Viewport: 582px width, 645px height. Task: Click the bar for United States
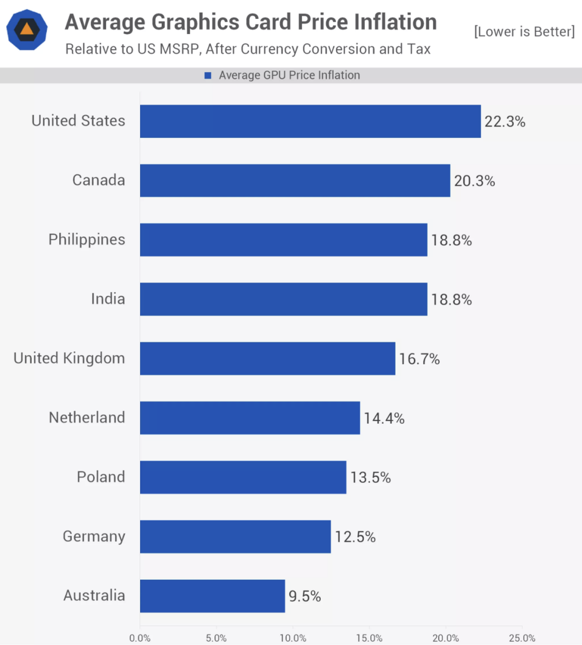(x=310, y=121)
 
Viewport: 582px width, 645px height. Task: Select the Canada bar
(x=295, y=181)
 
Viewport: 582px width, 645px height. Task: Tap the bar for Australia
(x=212, y=596)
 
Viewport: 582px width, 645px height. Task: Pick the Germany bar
(x=235, y=537)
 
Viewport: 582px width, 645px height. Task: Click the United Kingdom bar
(x=267, y=358)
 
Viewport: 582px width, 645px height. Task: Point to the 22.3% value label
(x=504, y=122)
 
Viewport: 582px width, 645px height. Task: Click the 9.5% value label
(x=304, y=597)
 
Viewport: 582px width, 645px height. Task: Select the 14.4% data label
(x=384, y=418)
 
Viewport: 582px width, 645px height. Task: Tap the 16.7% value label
(x=419, y=359)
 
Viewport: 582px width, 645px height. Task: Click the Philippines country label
(x=87, y=239)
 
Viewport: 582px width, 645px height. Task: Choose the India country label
(x=108, y=299)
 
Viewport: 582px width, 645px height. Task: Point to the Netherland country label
(x=87, y=418)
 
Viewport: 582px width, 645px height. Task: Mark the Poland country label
(x=101, y=477)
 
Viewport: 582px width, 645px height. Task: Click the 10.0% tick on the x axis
(x=293, y=638)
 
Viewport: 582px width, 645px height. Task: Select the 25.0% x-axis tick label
(x=522, y=638)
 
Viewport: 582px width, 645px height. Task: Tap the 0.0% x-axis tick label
(x=140, y=638)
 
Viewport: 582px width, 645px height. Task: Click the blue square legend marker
(x=208, y=75)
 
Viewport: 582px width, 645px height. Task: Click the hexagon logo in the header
(x=27, y=30)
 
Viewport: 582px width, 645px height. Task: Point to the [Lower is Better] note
(x=524, y=31)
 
